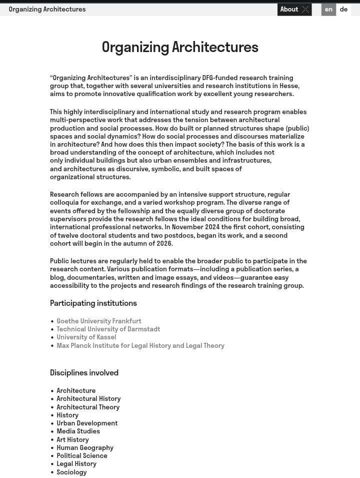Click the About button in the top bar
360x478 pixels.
click(x=294, y=10)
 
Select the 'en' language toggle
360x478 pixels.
click(x=328, y=10)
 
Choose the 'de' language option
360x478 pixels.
click(x=343, y=10)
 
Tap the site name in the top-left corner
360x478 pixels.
click(x=47, y=10)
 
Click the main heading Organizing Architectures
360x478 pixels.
click(x=180, y=47)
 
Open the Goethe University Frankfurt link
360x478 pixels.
click(x=98, y=321)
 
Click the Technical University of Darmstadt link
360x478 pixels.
click(x=108, y=329)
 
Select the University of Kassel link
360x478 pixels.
click(x=86, y=337)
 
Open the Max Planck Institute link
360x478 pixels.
click(x=140, y=345)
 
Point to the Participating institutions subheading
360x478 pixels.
click(x=93, y=303)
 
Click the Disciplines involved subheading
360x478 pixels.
click(x=84, y=373)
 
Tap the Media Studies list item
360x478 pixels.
click(x=78, y=431)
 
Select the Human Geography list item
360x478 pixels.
click(x=84, y=447)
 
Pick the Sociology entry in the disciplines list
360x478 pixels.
click(x=71, y=472)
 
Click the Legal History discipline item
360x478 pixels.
click(x=76, y=463)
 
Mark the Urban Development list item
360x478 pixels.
click(x=87, y=423)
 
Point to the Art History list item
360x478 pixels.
click(x=72, y=439)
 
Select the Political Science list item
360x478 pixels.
click(x=81, y=455)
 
